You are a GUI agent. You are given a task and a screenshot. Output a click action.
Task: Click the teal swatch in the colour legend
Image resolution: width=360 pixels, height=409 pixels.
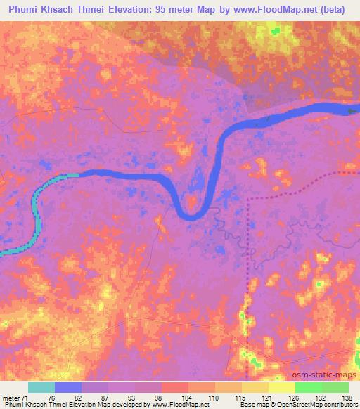click(x=41, y=387)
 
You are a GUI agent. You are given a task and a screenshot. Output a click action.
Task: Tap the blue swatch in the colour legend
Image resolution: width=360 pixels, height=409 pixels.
click(x=68, y=387)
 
